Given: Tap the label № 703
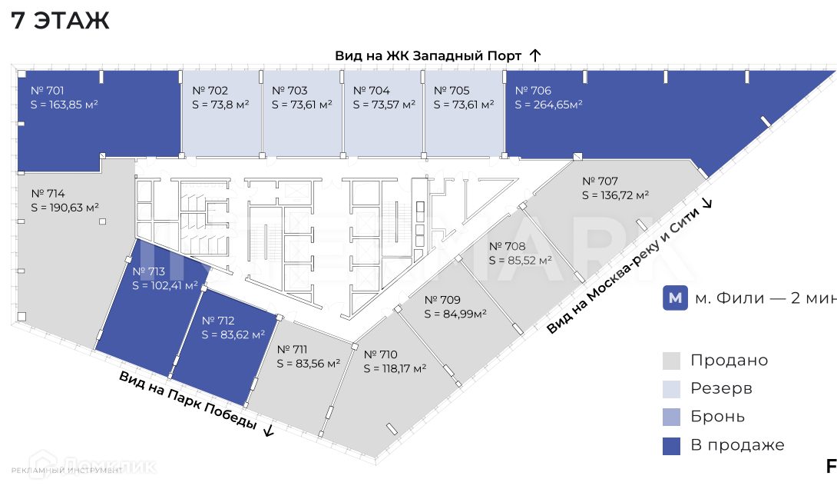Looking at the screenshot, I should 289,91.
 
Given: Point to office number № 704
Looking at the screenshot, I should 371,91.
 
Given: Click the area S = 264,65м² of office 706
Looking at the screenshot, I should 548,105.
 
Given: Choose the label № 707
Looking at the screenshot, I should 600,181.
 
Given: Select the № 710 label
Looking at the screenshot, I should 381,354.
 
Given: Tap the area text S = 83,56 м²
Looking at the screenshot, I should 309,364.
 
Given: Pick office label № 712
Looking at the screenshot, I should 217,321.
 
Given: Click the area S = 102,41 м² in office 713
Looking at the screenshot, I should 165,284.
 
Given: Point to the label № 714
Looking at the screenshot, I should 48,194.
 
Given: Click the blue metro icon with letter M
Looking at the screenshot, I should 675,298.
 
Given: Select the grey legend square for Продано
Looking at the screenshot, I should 671,361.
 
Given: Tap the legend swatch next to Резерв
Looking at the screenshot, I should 671,388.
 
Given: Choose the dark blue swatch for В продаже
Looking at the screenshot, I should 671,445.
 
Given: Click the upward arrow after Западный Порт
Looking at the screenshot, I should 535,55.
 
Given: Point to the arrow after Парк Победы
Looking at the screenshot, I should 268,430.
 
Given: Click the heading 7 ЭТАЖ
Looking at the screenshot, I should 61,21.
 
